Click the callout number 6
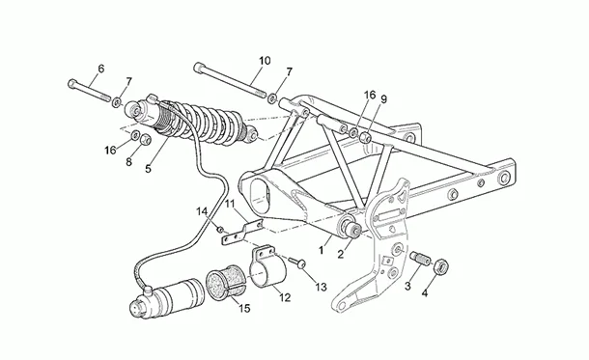coord(100,69)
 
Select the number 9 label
coord(383,98)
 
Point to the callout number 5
coord(148,169)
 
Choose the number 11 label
coord(230,204)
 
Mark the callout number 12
coord(285,298)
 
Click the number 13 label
coord(321,286)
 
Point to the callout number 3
coord(407,287)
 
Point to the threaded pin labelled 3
coord(420,258)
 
